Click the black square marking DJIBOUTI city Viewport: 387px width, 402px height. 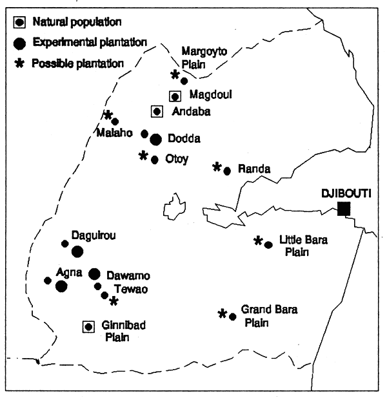[x=344, y=208]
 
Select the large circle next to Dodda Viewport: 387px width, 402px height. [x=155, y=139]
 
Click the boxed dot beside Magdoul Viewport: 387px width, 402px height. [x=174, y=96]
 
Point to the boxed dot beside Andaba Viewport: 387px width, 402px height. [x=157, y=111]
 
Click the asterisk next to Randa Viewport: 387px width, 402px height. [x=217, y=167]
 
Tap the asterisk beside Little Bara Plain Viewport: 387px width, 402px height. [x=259, y=241]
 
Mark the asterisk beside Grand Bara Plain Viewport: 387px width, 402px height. [x=223, y=314]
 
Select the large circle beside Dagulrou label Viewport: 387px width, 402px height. [x=77, y=251]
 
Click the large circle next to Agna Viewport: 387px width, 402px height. [x=61, y=286]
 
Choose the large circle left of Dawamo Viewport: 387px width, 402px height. [x=94, y=274]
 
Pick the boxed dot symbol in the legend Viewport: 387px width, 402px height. [x=20, y=22]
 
